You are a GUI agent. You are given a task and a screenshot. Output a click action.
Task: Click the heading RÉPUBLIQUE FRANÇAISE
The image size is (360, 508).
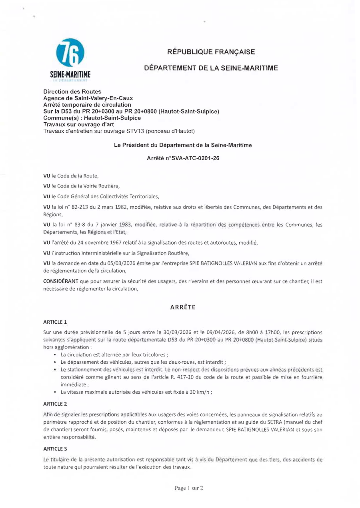coord(211,52)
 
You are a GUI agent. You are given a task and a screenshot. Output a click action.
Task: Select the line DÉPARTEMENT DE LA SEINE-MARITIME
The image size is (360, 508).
coord(211,68)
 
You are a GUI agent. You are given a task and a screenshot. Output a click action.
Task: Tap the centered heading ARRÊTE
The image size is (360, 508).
coord(183,308)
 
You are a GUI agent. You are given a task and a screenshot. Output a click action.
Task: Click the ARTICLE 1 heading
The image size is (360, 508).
coord(55,322)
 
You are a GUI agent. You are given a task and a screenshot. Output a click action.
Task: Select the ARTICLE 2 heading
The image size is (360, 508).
coord(55,404)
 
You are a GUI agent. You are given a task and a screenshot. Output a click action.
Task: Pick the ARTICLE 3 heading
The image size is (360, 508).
coord(55,449)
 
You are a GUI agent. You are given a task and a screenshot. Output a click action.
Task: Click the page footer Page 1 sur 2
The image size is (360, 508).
coord(189,488)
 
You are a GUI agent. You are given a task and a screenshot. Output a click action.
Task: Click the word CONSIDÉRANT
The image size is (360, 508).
coord(60,281)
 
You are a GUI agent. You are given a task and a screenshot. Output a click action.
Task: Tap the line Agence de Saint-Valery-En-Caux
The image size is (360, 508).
coord(88,98)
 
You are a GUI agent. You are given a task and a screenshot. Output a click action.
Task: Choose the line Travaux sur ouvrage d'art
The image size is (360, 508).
coord(78,124)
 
